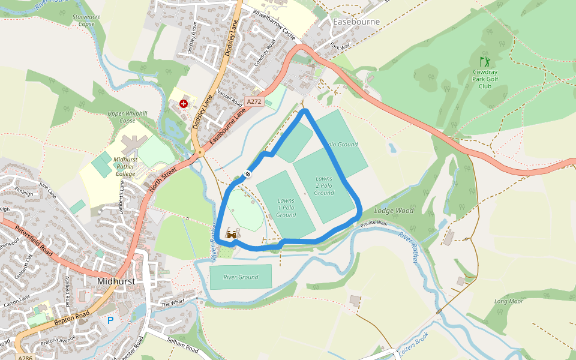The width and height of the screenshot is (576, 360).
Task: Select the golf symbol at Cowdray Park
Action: [485, 61]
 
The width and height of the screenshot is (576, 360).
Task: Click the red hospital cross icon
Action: [184, 104]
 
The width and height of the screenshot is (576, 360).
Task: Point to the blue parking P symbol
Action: [110, 320]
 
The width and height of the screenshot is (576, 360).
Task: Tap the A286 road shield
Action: [25, 358]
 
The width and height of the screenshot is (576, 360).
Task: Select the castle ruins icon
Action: [232, 235]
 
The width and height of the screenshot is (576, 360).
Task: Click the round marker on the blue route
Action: [247, 175]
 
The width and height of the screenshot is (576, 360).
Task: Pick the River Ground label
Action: [241, 277]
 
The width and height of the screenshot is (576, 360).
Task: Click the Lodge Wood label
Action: [394, 211]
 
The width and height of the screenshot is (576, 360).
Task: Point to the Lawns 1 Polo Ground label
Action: [286, 207]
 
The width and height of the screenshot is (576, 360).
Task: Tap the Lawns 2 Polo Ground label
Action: [324, 185]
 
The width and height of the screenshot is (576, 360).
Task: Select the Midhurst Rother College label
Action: [125, 166]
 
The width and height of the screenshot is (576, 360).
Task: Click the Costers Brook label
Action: [412, 347]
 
